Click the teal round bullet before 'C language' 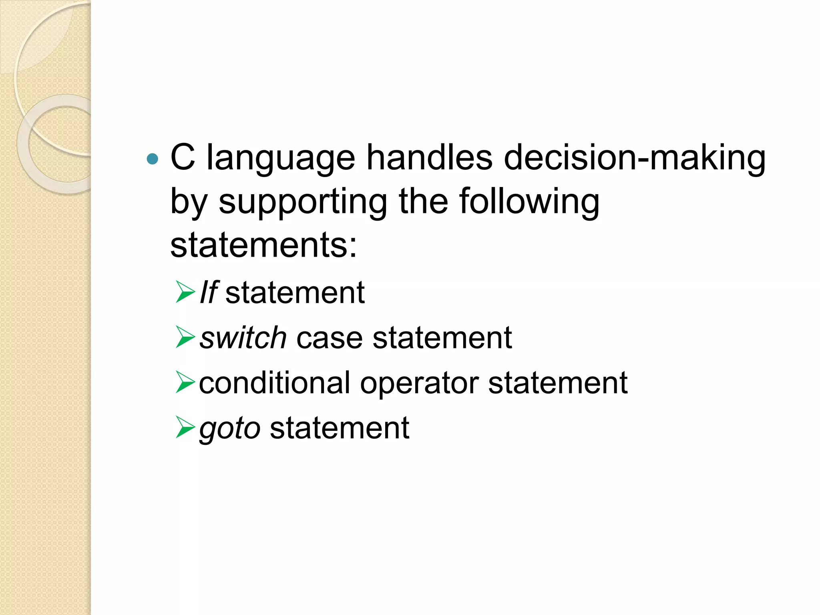[153, 159]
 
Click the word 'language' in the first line [280, 159]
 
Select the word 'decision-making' [634, 159]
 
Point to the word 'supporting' [303, 203]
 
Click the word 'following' [529, 203]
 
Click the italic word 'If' [209, 293]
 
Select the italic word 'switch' [243, 338]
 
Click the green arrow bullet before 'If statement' [185, 292]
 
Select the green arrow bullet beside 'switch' [185, 337]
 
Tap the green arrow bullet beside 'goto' [185, 427]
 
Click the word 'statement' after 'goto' [340, 428]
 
